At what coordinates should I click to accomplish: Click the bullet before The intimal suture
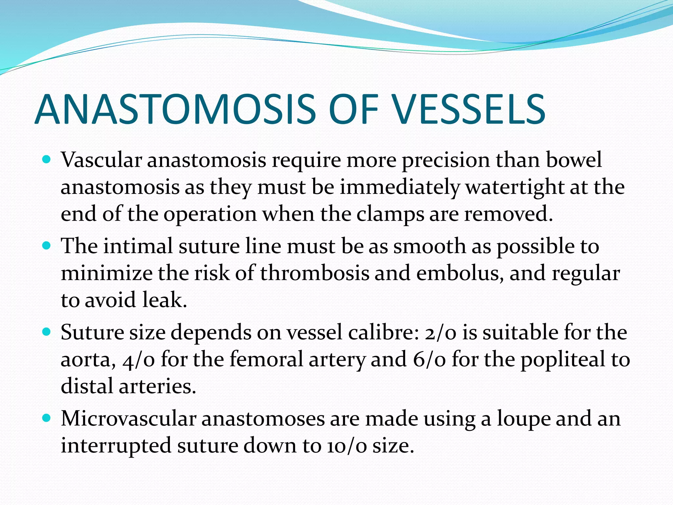click(x=47, y=246)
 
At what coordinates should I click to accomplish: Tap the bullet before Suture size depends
click(x=47, y=332)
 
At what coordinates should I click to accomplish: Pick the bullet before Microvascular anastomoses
click(x=47, y=418)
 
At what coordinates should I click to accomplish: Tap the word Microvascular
click(x=128, y=419)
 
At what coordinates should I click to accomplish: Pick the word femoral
click(x=266, y=359)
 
